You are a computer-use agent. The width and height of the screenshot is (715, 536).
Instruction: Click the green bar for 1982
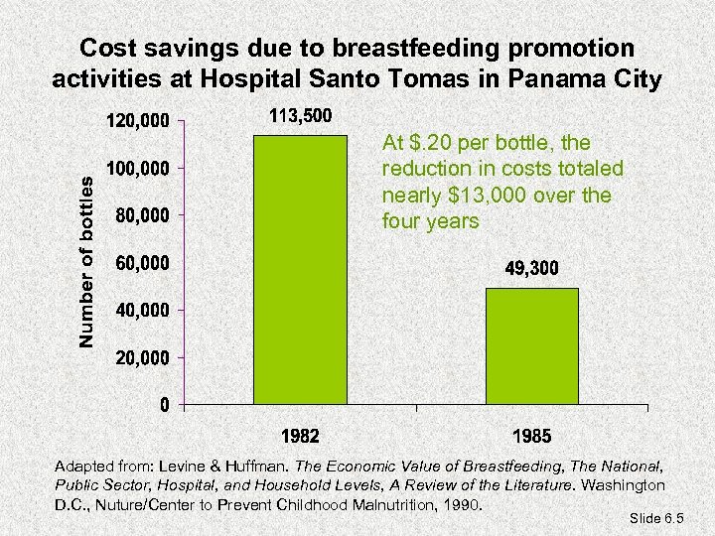coord(301,269)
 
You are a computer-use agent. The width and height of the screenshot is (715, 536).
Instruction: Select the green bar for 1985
coord(532,345)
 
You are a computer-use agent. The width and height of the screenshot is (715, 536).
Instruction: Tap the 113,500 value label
coord(301,117)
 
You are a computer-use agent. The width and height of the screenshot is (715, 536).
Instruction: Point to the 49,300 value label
coord(532,269)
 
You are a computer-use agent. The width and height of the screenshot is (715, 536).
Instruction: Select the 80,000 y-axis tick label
coord(141,215)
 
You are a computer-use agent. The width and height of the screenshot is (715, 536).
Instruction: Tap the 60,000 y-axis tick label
coord(141,263)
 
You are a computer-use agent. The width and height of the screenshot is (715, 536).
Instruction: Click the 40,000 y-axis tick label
coord(141,310)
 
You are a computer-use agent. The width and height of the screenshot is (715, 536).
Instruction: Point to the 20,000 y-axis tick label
coord(141,356)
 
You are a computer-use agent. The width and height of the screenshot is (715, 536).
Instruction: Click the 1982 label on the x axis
coord(301,436)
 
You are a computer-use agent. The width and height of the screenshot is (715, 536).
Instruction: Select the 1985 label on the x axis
coord(532,436)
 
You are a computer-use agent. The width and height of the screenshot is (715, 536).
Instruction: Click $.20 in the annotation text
coord(426,144)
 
